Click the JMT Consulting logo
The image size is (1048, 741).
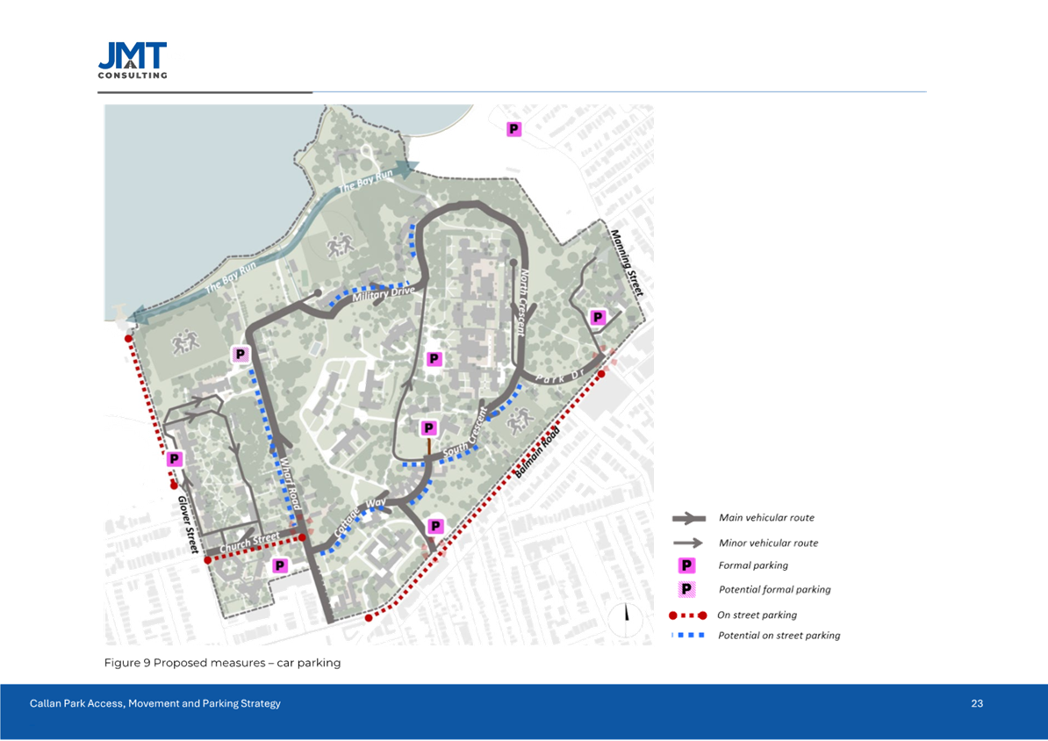tap(133, 61)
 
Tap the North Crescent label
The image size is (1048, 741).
tap(521, 302)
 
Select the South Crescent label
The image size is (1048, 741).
tap(465, 435)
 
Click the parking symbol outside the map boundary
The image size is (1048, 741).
tap(513, 129)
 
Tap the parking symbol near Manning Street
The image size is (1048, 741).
tap(598, 317)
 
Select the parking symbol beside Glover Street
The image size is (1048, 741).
tap(175, 459)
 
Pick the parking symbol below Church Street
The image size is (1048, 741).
tap(279, 565)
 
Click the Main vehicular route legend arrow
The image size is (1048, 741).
tap(690, 519)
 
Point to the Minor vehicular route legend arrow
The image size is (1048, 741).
tap(690, 543)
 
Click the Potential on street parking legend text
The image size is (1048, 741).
tap(779, 636)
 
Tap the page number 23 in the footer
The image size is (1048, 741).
tap(977, 704)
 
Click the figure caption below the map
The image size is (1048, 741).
tap(222, 662)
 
